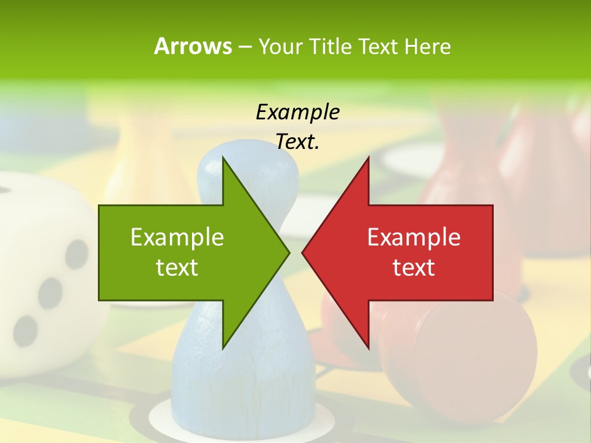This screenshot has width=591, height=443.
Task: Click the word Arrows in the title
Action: point(193,46)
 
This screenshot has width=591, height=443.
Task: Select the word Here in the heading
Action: point(427,46)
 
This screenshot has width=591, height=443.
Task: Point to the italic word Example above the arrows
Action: point(297,112)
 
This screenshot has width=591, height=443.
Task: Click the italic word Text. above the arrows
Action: point(297,142)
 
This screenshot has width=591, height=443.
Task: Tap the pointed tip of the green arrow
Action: point(288,252)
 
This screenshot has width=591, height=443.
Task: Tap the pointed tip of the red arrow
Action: point(304,252)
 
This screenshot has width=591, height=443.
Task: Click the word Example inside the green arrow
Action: point(177,237)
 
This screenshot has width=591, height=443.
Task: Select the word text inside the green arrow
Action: point(177,268)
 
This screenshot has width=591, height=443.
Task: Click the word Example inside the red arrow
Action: point(414,237)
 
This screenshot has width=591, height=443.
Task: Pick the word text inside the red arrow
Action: point(414,268)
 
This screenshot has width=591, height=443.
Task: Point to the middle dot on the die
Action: point(50,293)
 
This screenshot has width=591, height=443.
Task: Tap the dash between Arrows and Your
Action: point(244,46)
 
